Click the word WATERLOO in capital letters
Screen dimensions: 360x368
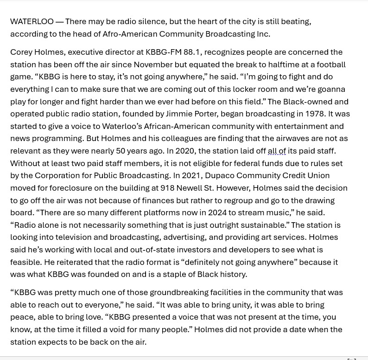pyautogui.click(x=32, y=21)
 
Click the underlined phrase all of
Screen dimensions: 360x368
pyautogui.click(x=277, y=151)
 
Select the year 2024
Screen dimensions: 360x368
pyautogui.click(x=217, y=212)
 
